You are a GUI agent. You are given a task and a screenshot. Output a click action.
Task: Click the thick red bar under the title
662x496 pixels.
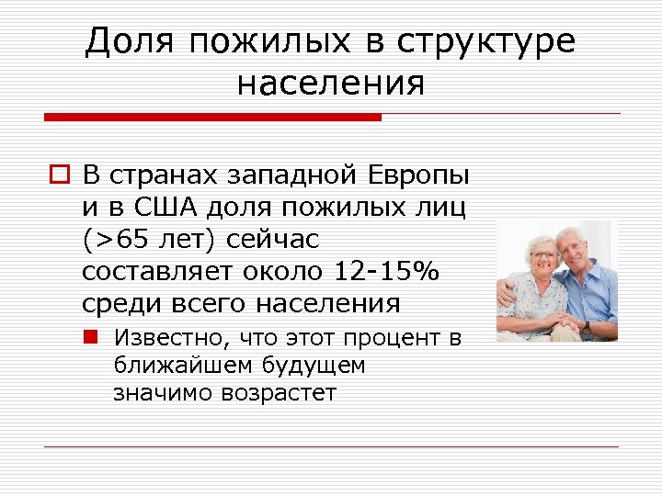pyautogui.click(x=212, y=118)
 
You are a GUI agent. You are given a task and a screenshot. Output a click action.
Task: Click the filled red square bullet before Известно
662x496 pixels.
pyautogui.click(x=95, y=337)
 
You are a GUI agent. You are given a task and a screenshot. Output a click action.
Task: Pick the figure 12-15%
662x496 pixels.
pyautogui.click(x=389, y=272)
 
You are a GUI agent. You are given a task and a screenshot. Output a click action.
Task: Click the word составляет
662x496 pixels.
pyautogui.click(x=147, y=272)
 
